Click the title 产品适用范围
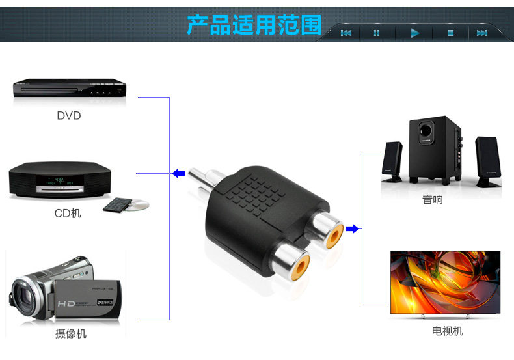pyautogui.click(x=254, y=24)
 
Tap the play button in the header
pyautogui.click(x=414, y=33)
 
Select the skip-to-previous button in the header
pyautogui.click(x=345, y=33)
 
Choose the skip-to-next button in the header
pyautogui.click(x=482, y=33)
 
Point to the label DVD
pyautogui.click(x=68, y=116)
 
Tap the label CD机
pyautogui.click(x=68, y=213)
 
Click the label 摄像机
pyautogui.click(x=70, y=334)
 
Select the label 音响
pyautogui.click(x=432, y=200)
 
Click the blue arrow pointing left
pyautogui.click(x=178, y=173)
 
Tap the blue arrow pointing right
pyautogui.click(x=353, y=228)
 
